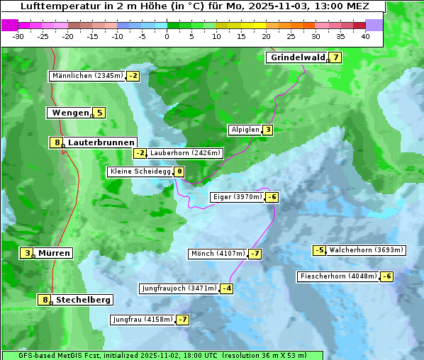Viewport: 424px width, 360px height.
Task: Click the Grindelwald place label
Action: click(x=296, y=58)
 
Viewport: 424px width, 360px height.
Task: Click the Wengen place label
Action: click(x=70, y=113)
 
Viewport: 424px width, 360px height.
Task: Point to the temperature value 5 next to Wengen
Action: click(x=99, y=113)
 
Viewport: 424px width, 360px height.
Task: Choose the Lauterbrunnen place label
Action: click(x=100, y=142)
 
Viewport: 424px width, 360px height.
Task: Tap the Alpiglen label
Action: click(x=245, y=130)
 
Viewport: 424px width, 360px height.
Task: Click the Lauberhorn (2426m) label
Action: click(x=186, y=153)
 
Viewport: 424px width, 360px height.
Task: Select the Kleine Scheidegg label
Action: click(x=140, y=171)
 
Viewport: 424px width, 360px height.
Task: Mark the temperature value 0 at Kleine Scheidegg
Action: click(x=179, y=171)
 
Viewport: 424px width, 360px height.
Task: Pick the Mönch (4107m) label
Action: click(x=218, y=254)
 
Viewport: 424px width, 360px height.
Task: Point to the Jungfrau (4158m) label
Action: click(x=143, y=320)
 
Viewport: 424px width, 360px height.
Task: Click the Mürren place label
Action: click(x=54, y=253)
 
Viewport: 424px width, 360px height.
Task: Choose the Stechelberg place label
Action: click(x=83, y=300)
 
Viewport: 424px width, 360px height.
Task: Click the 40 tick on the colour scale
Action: click(x=365, y=36)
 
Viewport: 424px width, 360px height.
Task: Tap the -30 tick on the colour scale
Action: click(x=18, y=36)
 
